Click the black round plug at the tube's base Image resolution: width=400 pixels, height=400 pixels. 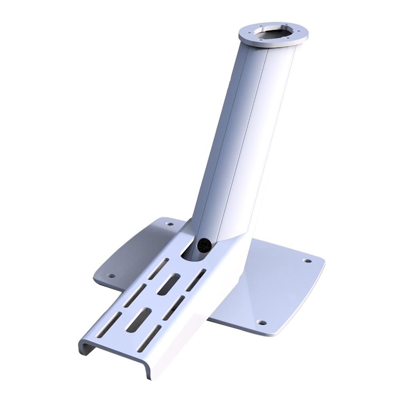[204, 244]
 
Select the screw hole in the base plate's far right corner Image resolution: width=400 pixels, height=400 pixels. [307, 261]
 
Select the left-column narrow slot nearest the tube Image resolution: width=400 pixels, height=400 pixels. [158, 268]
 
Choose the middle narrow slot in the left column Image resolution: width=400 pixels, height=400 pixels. [134, 296]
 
